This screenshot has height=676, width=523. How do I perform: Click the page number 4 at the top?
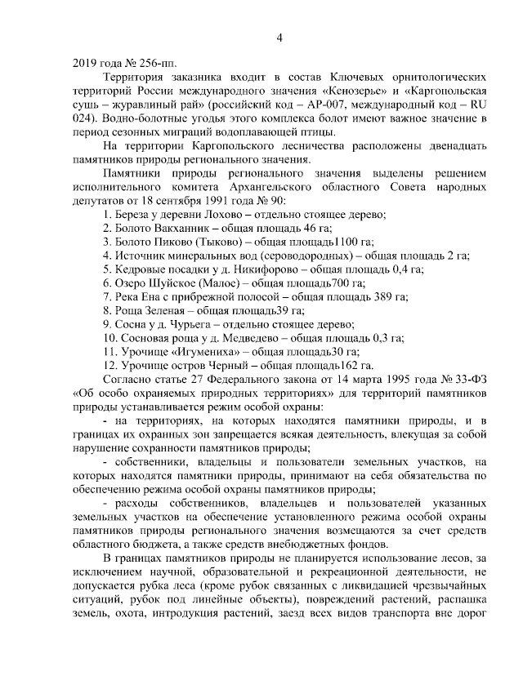tap(279, 38)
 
